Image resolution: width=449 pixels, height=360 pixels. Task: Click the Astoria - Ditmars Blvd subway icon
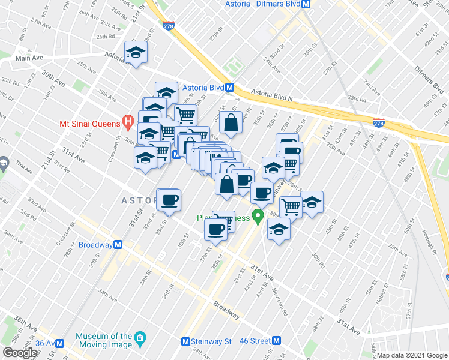tap(306, 4)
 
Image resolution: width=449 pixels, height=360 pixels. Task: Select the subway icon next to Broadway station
tap(118, 245)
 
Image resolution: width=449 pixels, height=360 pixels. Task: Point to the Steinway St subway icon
tap(187, 341)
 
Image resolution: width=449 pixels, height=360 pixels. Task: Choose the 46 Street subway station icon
tap(276, 341)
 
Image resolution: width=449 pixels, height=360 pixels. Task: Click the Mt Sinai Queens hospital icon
tap(127, 124)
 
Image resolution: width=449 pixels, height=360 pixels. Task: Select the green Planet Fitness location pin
tap(259, 217)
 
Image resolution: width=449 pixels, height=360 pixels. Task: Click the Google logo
tap(20, 353)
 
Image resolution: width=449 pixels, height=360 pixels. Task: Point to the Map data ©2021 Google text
tap(412, 355)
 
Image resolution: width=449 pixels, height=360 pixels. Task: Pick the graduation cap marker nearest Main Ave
tap(136, 52)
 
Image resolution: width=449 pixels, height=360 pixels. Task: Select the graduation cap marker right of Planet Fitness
tap(279, 229)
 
